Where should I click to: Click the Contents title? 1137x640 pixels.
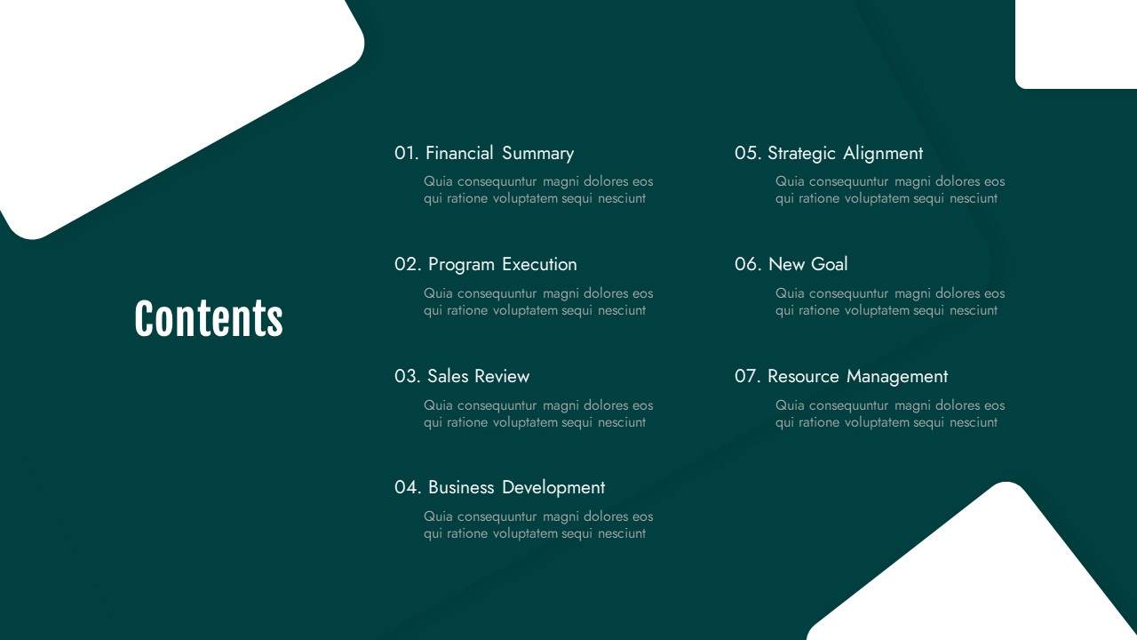click(x=209, y=318)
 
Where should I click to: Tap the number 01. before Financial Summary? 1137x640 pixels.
click(x=407, y=153)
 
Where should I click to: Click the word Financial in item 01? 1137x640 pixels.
click(x=459, y=153)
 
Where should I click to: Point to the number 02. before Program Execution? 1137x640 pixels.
click(x=408, y=265)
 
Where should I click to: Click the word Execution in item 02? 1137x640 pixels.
click(x=539, y=264)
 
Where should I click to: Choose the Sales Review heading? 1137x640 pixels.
click(x=478, y=376)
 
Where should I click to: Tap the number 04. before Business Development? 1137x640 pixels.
click(x=408, y=488)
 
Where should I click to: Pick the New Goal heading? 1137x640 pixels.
click(x=808, y=264)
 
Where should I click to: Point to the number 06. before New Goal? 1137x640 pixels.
click(x=748, y=264)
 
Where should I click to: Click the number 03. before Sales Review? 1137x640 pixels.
click(x=408, y=376)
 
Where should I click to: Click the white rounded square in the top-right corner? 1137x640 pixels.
click(x=1076, y=44)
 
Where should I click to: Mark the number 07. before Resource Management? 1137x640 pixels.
click(x=748, y=376)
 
